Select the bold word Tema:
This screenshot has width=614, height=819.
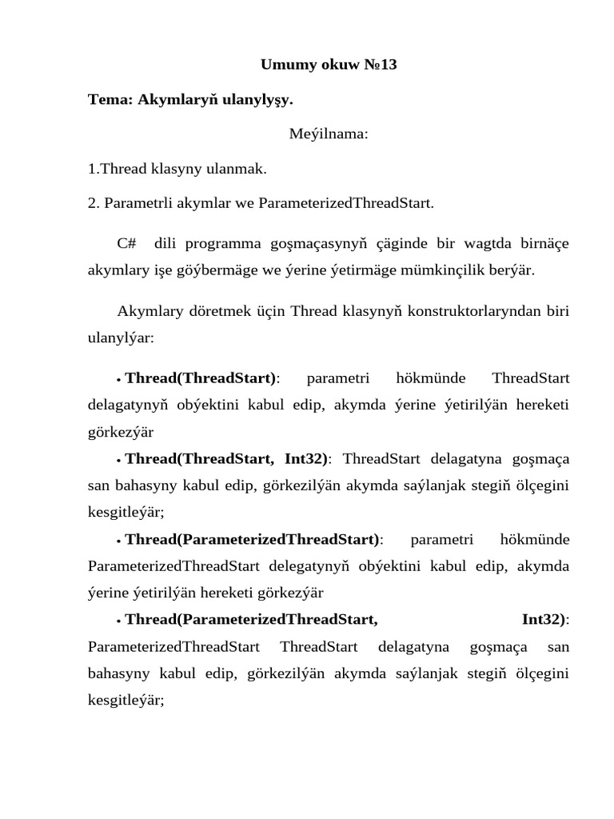point(110,100)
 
